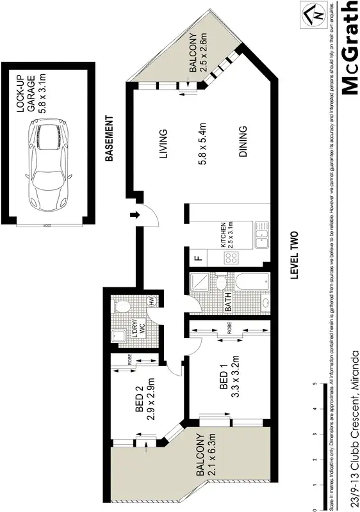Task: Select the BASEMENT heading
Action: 110,138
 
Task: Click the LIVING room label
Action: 163,144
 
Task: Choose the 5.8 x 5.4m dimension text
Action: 204,144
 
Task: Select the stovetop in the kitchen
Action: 231,259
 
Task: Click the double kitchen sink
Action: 261,236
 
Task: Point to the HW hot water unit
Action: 152,301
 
